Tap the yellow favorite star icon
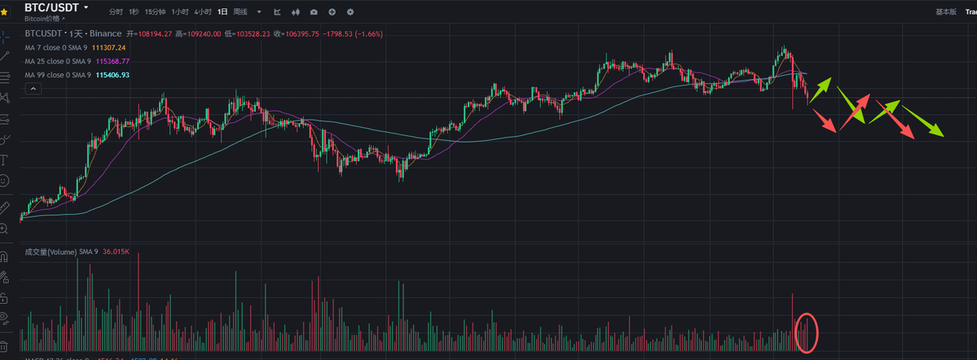point(4,12)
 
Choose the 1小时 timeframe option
point(180,13)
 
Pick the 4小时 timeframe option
point(203,13)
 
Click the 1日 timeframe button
point(222,13)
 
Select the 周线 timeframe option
point(240,13)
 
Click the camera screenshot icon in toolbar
point(314,13)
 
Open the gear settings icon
point(350,13)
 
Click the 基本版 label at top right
point(946,13)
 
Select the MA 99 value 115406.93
point(112,75)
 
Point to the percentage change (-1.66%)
point(367,34)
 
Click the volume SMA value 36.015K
point(116,252)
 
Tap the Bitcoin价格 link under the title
point(44,17)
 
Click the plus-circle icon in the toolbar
point(332,13)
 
